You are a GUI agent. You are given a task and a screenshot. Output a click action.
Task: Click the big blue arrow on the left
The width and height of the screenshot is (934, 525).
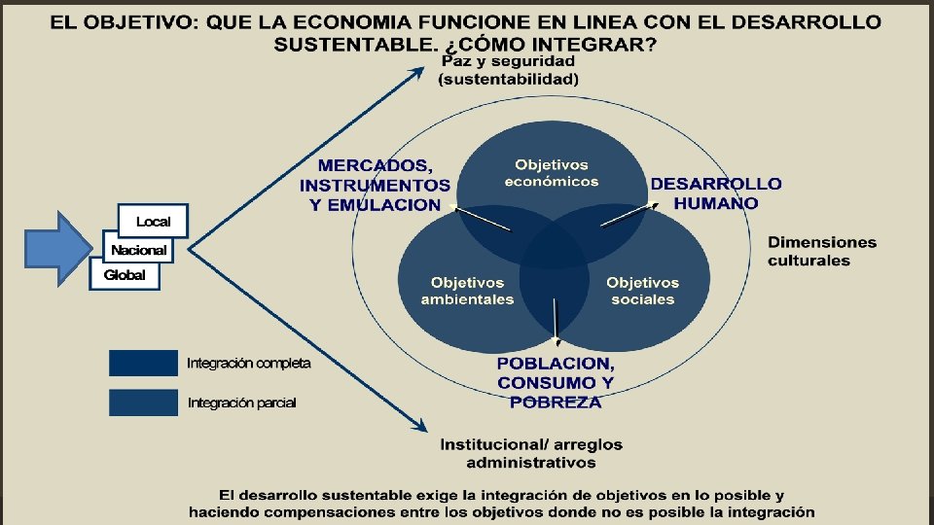56,249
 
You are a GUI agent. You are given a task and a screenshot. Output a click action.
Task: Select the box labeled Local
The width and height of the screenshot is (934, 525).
153,222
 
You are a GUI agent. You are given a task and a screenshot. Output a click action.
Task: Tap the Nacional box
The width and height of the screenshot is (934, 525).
138,250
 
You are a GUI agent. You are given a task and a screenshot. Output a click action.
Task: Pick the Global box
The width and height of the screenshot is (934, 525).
124,275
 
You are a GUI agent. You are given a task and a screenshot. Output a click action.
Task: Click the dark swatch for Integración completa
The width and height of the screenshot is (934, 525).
143,363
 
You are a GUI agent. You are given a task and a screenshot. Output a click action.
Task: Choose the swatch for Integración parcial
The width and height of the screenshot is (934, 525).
143,402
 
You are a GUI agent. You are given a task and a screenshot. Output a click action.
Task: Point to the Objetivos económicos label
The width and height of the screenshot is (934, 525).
552,173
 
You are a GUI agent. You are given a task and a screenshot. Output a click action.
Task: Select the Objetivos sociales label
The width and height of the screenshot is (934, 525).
642,291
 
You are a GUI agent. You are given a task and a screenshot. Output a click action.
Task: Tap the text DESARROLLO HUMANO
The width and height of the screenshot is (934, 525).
715,193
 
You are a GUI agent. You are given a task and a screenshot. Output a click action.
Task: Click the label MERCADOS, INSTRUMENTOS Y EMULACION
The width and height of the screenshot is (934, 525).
376,185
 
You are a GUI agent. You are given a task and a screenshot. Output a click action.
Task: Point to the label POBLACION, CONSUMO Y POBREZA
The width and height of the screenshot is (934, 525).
556,382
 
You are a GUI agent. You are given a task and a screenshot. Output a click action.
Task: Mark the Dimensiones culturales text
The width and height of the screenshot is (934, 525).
822,251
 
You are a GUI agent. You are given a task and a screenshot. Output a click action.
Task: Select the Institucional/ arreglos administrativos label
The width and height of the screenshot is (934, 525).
531,453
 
